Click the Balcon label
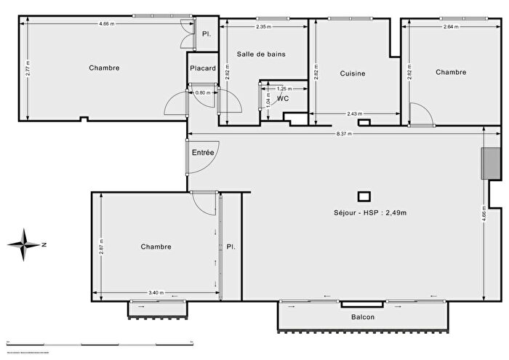pos(363,317)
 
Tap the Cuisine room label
pos(353,73)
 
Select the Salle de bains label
pos(261,55)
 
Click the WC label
pos(283,98)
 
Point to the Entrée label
pos(203,153)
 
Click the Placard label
pos(203,69)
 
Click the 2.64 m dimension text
pos(452,27)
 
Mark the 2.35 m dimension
pos(264,27)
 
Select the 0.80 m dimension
pos(203,92)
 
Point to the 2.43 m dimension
pos(355,113)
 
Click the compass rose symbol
pos(25,244)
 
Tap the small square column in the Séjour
pos(364,196)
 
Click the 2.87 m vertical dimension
pos(101,247)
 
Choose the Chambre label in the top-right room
pos(451,72)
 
